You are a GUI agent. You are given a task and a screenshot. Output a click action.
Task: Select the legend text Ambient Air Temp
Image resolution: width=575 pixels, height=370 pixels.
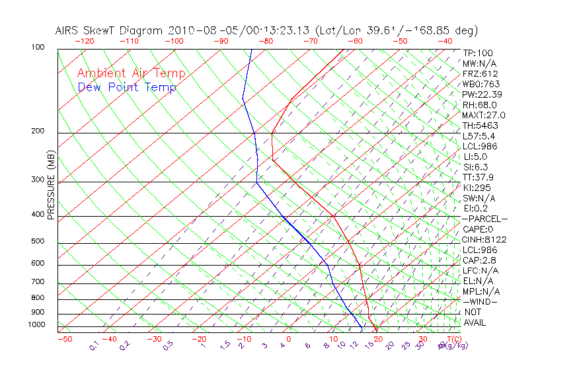[x=131, y=74]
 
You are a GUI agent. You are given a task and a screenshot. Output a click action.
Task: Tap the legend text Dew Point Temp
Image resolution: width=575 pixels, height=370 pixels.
[x=127, y=88]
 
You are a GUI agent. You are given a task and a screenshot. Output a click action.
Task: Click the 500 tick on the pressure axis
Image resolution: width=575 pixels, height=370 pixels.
[x=38, y=241]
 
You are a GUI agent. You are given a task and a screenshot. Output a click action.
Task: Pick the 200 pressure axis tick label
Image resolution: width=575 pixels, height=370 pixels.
[x=38, y=131]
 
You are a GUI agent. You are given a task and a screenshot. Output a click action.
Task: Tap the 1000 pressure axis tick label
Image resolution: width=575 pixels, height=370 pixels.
[x=36, y=324]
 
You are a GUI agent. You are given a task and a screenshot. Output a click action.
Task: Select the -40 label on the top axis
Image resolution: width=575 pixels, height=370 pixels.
[x=444, y=41]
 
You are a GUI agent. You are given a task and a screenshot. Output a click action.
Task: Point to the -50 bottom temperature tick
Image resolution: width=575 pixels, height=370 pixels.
[x=64, y=339]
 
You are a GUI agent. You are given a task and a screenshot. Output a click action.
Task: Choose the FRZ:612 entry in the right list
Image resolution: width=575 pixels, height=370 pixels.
[x=480, y=74]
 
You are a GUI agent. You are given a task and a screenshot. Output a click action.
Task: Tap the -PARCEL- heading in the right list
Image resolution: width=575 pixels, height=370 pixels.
[x=484, y=219]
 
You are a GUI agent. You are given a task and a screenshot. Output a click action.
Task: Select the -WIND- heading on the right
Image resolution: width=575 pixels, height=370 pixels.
[x=480, y=301]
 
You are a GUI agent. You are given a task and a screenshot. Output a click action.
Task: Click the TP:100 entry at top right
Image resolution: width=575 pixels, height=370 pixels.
[x=478, y=53]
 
